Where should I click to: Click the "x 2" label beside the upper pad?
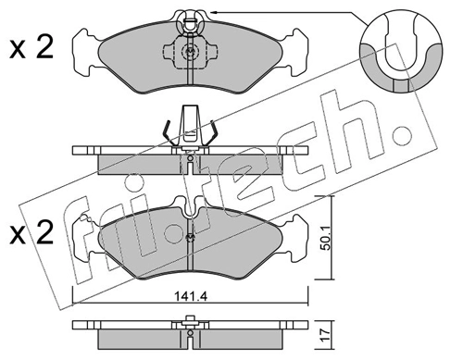pos(31,47)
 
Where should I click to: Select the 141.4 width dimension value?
pos(189,297)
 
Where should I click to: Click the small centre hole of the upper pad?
pos(189,52)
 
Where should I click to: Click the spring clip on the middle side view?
pos(190,130)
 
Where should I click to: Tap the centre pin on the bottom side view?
pos(189,324)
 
